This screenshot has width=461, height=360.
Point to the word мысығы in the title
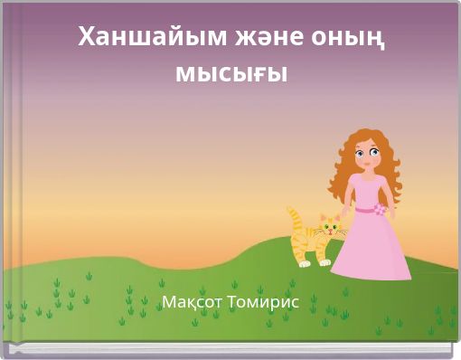pos(230,72)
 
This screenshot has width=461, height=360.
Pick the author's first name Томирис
pos(264,301)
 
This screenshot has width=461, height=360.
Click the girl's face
pos(365,156)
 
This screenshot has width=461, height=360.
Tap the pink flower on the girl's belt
pos(379,210)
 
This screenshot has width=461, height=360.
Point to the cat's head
pos(330,224)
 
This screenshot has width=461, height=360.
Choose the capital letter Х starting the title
pos(87,37)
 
